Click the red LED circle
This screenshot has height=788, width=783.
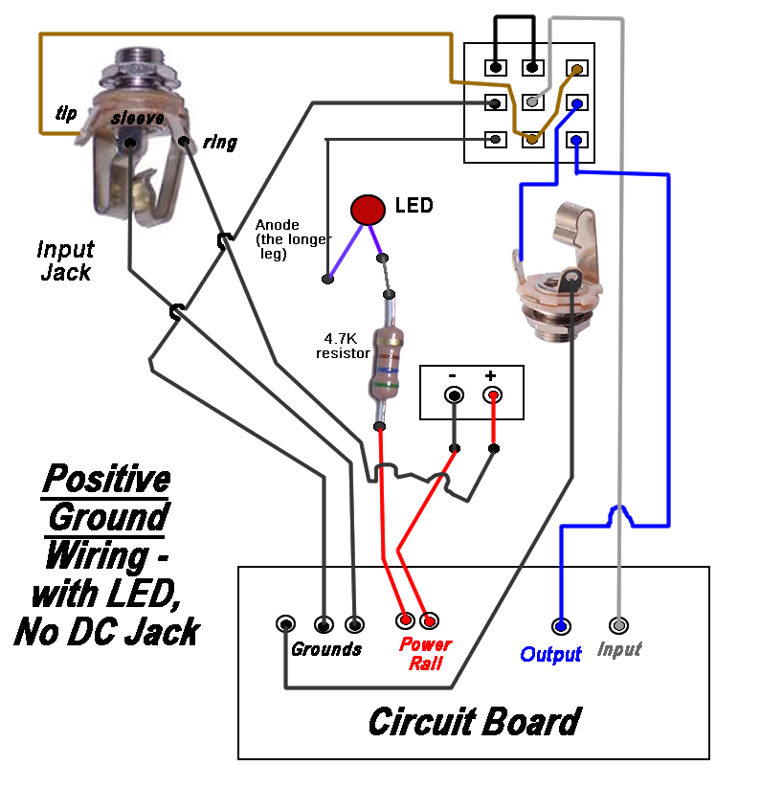366,209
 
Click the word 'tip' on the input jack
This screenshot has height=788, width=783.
66,114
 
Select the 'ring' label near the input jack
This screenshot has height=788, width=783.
220,144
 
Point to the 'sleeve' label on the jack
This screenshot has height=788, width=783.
137,118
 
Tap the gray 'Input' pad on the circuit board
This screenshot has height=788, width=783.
619,626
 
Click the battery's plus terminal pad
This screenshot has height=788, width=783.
493,395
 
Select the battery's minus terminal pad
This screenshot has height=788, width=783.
454,395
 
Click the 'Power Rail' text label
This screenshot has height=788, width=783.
425,653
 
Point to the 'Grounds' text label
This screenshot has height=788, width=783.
326,650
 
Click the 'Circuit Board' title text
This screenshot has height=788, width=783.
474,721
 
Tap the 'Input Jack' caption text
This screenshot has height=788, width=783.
65,260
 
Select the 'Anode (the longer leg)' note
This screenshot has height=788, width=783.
293,239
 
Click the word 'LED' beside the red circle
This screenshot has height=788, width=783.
414,205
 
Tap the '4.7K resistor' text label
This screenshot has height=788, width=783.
343,346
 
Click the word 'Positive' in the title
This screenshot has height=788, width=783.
107,478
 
